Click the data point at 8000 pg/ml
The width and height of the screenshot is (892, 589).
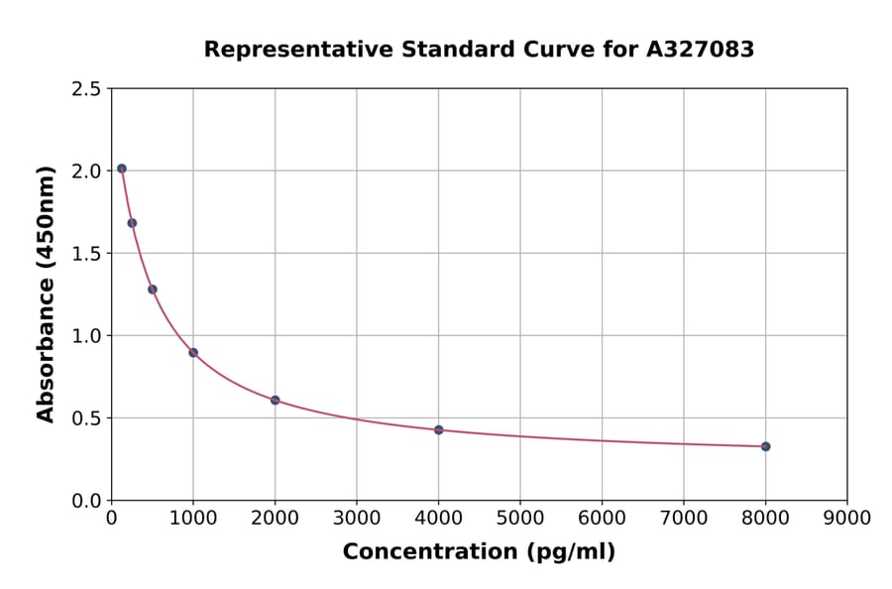(765, 446)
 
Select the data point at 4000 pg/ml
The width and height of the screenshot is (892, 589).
(438, 429)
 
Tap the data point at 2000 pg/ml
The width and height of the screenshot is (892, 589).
(275, 400)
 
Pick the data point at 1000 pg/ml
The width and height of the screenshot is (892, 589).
(193, 352)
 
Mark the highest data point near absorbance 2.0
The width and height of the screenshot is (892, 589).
(122, 169)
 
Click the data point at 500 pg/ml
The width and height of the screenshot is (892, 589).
(153, 290)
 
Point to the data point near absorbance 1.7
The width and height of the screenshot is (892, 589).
(132, 223)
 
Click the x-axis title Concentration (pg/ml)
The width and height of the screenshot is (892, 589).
(479, 552)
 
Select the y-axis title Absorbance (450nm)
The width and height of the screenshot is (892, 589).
(46, 294)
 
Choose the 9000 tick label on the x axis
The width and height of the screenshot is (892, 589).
(846, 518)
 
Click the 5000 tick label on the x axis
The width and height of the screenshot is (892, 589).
(519, 518)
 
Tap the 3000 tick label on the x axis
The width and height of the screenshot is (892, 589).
(357, 518)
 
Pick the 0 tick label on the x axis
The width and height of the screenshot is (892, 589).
(111, 518)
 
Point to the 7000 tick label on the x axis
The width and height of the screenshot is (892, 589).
(683, 518)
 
